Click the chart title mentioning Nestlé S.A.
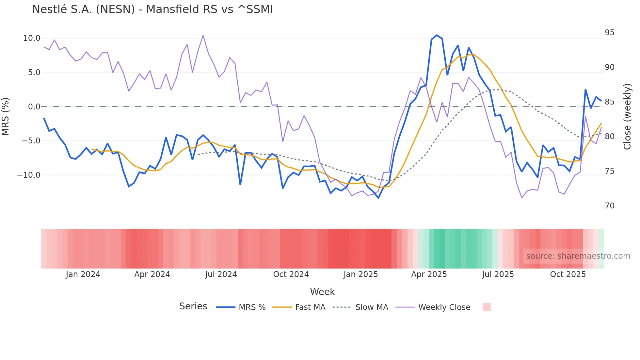[x=152, y=9]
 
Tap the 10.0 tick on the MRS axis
[x=32, y=38]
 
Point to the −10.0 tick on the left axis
[x=29, y=175]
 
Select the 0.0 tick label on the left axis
[x=34, y=107]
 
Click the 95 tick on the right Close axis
[x=609, y=33]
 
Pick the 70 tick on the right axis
[x=609, y=206]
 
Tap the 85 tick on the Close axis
[x=609, y=102]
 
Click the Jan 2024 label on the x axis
[x=83, y=274]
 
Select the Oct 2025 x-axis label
[x=568, y=274]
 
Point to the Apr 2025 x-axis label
[x=429, y=274]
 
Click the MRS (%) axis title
[x=6, y=117]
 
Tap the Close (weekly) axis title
[x=627, y=117]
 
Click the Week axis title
[x=322, y=292]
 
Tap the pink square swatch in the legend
[x=487, y=307]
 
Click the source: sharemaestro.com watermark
[x=578, y=256]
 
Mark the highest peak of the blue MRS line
[x=437, y=35]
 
